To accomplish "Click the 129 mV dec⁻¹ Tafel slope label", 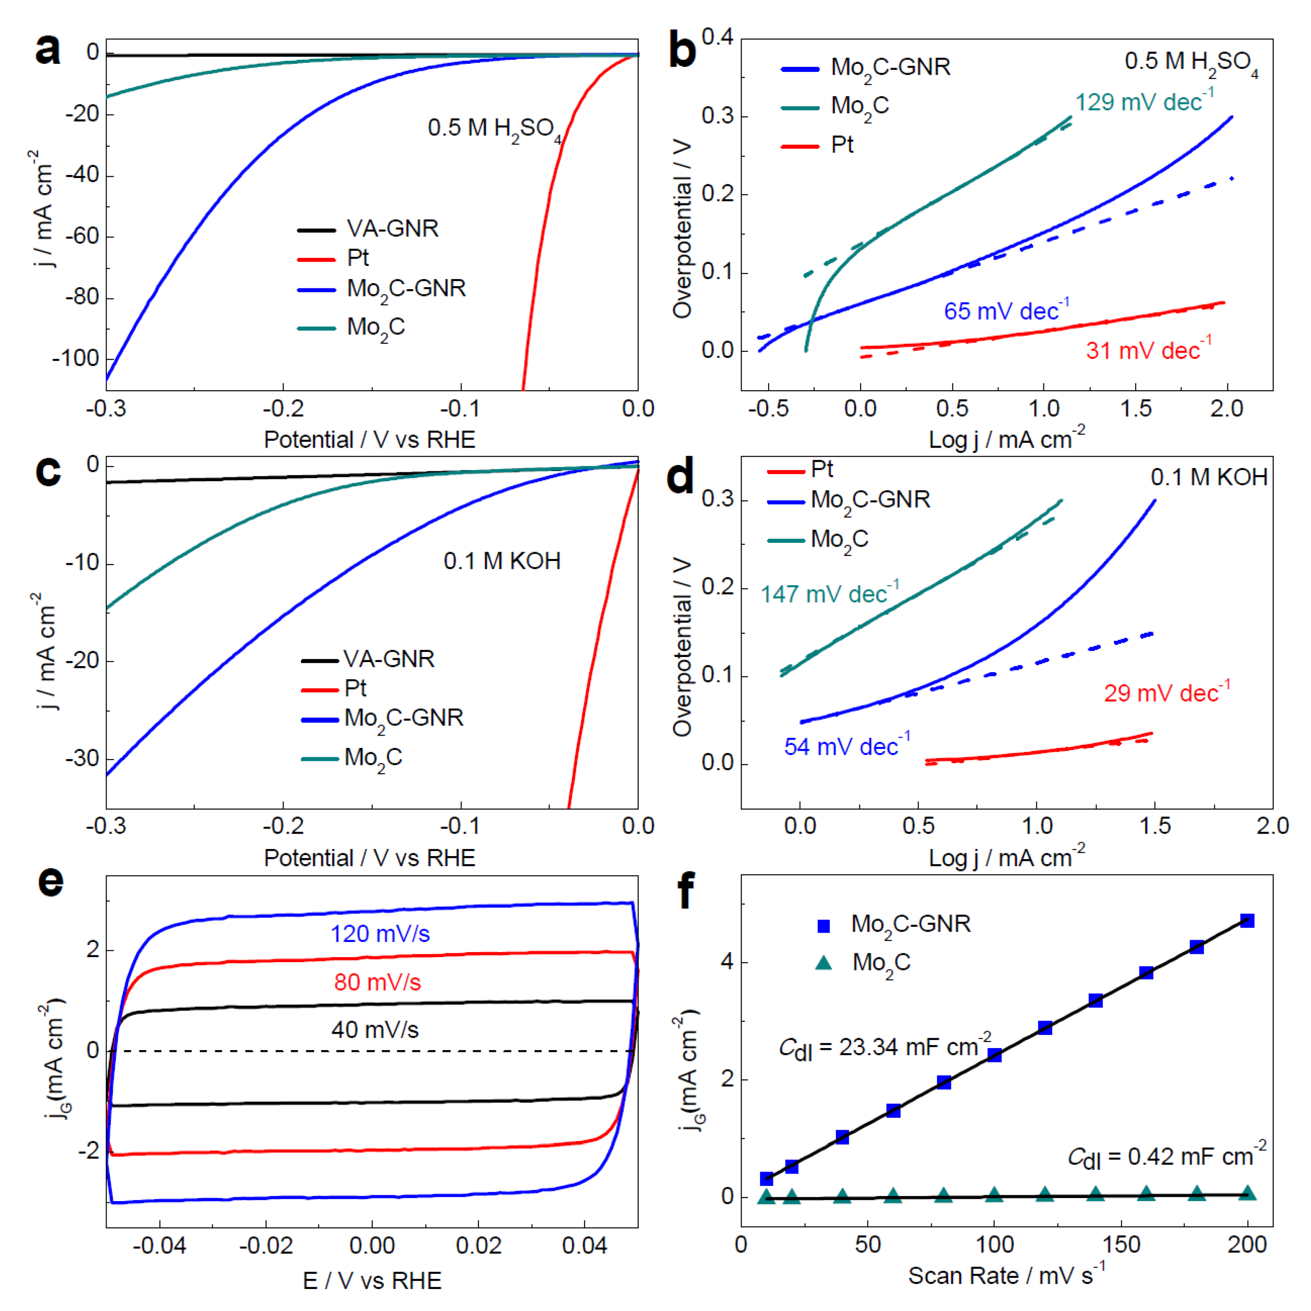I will click(1144, 102).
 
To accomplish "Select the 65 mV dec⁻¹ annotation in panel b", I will click(1006, 311).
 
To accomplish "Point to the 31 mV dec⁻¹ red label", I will click(1147, 350).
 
